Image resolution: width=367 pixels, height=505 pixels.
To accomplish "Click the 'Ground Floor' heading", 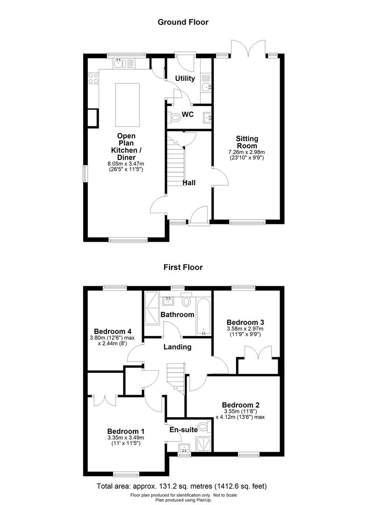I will coord(183,22).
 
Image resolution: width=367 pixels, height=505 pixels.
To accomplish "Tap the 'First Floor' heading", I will coord(183,267).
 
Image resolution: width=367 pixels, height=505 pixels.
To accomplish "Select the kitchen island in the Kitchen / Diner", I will coord(127,104).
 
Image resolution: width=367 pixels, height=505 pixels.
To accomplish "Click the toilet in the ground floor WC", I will coord(175,117).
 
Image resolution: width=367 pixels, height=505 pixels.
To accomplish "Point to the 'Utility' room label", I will coord(185,78).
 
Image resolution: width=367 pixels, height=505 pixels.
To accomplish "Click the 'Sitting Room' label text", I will coord(247,142).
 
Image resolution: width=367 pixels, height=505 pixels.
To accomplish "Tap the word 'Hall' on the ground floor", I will coord(189,183).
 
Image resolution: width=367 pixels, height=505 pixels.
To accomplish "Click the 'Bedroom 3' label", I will coord(245,322).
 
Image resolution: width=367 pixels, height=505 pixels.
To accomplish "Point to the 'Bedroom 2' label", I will coord(241,405).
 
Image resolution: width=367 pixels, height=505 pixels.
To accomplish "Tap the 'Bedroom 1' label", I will coord(125,431).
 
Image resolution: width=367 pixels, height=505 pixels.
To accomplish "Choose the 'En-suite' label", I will coord(183,430).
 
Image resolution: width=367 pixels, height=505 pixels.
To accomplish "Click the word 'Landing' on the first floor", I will coord(177,347).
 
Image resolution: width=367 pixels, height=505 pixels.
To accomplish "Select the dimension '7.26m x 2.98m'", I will coord(246,152).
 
